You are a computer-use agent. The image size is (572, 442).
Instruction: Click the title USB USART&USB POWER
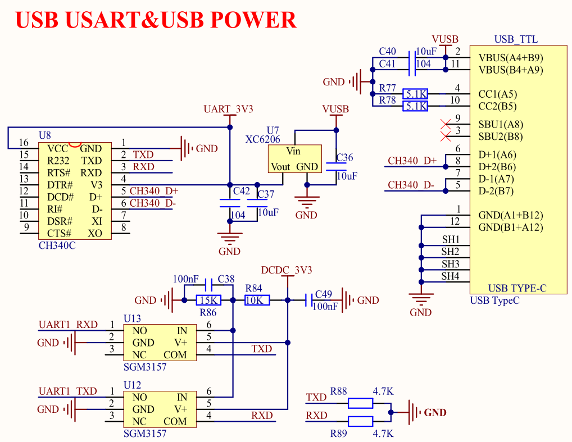(156, 20)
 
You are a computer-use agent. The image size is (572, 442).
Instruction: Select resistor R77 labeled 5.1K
(416, 94)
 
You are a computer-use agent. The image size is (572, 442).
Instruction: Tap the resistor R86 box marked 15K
(208, 300)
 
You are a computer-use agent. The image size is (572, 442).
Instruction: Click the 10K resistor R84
(257, 300)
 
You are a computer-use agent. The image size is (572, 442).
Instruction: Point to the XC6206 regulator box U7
(294, 158)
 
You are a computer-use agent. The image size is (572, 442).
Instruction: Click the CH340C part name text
(57, 245)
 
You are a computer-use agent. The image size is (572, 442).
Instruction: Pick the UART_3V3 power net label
(229, 109)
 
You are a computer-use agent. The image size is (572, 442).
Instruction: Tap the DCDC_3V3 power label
(287, 270)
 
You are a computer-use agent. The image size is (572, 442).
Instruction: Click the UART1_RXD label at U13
(68, 325)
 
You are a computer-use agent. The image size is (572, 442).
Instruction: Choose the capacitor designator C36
(344, 158)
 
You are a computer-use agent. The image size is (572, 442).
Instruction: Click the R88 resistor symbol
(360, 403)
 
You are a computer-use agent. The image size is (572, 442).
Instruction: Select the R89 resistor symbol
(360, 421)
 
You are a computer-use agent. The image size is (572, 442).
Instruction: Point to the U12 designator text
(132, 385)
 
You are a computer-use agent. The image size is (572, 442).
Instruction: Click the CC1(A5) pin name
(498, 94)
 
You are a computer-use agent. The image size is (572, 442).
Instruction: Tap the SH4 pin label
(450, 276)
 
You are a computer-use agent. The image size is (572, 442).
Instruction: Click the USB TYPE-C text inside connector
(517, 289)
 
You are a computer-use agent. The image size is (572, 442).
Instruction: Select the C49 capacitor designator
(324, 294)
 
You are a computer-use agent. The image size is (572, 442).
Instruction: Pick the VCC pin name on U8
(58, 149)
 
